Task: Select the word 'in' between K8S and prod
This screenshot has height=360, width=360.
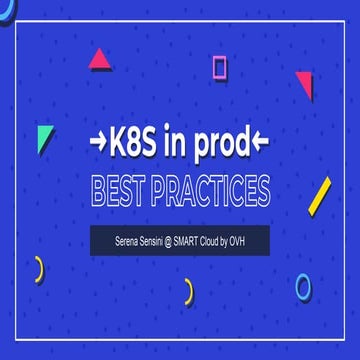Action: (x=175, y=146)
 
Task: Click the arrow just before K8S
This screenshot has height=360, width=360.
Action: (x=98, y=147)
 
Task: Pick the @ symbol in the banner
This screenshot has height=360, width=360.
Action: (x=180, y=240)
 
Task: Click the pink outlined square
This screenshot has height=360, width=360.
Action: (x=220, y=67)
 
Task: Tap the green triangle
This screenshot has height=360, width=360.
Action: (x=44, y=139)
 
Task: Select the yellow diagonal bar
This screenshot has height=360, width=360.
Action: (x=320, y=196)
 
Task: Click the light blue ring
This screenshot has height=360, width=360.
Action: (x=303, y=287)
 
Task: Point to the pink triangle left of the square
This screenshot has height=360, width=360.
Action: (x=99, y=60)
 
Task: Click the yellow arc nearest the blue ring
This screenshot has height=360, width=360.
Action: (x=188, y=291)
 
